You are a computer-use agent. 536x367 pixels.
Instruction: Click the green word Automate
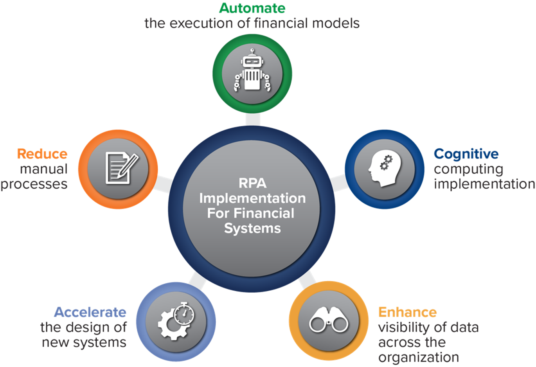point(252,8)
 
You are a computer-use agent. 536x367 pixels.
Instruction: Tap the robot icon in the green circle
point(252,70)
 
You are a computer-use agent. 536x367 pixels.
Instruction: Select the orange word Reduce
point(42,154)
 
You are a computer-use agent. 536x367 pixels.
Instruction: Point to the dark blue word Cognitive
point(466,154)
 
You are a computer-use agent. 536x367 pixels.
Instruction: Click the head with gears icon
point(385,170)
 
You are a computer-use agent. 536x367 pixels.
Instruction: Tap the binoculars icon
point(329,320)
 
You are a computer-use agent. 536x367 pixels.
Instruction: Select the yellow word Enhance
point(408,312)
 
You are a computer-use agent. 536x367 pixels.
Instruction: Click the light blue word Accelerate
point(90,312)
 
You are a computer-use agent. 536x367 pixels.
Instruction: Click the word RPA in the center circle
point(252,183)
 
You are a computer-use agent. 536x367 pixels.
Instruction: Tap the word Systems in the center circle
point(252,228)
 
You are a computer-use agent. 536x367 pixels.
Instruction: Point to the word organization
point(419,358)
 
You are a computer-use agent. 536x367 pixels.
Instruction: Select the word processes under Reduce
point(34,185)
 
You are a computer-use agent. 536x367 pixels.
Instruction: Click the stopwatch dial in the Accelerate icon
point(184,314)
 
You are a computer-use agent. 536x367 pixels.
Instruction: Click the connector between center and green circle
point(253,119)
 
